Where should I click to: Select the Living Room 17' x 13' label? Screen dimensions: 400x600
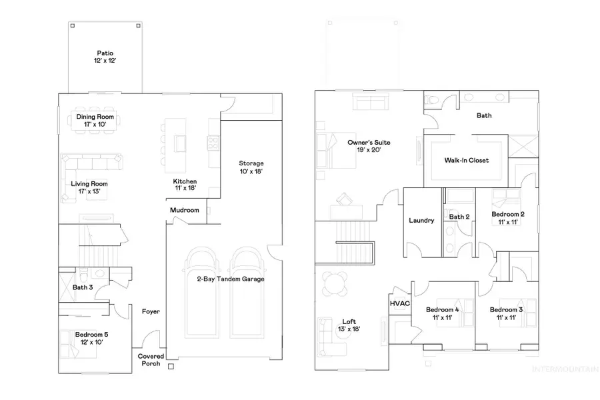point(89,187)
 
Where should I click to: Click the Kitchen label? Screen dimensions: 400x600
point(185,185)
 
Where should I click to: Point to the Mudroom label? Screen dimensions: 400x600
point(185,210)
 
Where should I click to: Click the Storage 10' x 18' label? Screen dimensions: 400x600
point(252,167)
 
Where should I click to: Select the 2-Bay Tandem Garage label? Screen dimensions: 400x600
point(220,279)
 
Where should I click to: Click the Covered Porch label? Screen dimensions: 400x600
point(151,360)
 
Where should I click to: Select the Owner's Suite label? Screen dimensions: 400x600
point(369,146)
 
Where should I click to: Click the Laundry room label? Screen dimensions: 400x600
point(422,221)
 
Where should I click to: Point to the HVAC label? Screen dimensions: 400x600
point(399,303)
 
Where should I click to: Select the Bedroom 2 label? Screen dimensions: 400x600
point(508,218)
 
